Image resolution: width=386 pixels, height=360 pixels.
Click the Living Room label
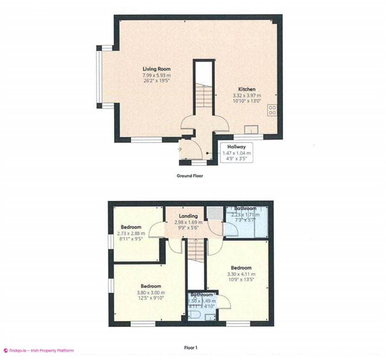pyautogui.click(x=156, y=69)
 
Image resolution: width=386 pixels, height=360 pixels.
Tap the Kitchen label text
pyautogui.click(x=246, y=89)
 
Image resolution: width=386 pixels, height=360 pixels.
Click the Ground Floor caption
pyautogui.click(x=190, y=176)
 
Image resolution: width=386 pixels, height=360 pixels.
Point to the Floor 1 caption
pyautogui.click(x=191, y=347)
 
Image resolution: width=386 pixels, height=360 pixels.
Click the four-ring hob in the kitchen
pyautogui.click(x=272, y=110)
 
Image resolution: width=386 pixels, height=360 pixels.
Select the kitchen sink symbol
pyautogui.click(x=253, y=130)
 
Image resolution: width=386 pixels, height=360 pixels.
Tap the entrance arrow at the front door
pyautogui.click(x=180, y=149)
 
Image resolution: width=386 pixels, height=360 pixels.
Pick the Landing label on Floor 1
pyautogui.click(x=189, y=216)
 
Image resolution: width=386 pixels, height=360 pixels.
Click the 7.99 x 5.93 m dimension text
pyautogui.click(x=156, y=75)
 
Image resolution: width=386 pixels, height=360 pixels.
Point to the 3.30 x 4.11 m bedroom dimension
pyautogui.click(x=241, y=275)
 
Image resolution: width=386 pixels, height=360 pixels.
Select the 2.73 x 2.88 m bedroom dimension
pyautogui.click(x=131, y=234)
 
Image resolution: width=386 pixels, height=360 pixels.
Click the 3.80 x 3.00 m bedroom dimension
pyautogui.click(x=151, y=293)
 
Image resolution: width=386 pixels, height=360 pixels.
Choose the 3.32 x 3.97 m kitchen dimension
pyautogui.click(x=247, y=96)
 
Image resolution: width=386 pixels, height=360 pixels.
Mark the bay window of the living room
pyautogui.click(x=99, y=77)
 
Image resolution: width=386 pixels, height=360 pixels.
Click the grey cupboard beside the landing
pyautogui.click(x=214, y=213)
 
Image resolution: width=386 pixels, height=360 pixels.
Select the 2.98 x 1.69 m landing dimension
pyautogui.click(x=188, y=222)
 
